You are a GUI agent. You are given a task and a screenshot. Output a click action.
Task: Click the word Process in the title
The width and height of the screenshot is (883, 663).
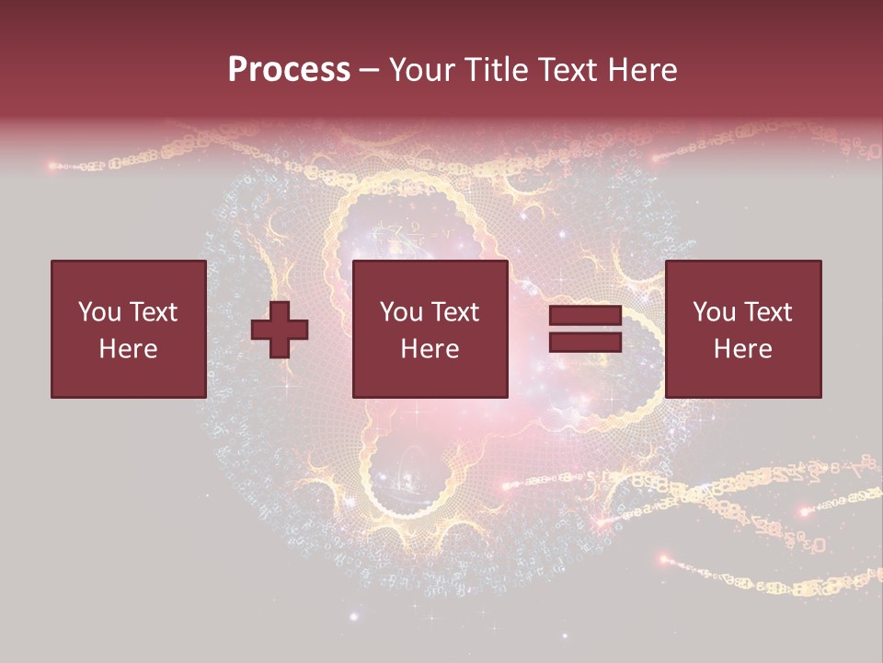click(289, 70)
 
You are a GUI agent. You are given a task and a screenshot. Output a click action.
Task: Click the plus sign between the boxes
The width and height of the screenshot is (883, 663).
click(280, 330)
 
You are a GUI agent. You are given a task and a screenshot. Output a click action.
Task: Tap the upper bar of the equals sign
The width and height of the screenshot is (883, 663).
click(585, 316)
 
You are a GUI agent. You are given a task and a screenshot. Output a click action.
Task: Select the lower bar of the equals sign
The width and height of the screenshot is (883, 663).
click(585, 343)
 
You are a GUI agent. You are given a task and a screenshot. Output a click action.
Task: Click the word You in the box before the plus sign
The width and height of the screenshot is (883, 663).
click(99, 312)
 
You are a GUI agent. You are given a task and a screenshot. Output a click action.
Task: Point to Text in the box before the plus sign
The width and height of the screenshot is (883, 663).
click(152, 312)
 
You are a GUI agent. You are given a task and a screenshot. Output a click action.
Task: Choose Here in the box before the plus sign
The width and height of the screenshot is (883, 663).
click(128, 349)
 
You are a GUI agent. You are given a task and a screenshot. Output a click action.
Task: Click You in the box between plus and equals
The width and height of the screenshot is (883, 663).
click(401, 312)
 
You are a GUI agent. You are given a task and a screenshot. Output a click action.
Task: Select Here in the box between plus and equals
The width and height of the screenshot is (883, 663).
click(430, 349)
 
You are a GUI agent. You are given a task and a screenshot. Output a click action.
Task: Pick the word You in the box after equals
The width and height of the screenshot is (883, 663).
click(714, 312)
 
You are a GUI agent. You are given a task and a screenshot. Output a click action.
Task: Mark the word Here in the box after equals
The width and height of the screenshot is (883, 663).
click(742, 349)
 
